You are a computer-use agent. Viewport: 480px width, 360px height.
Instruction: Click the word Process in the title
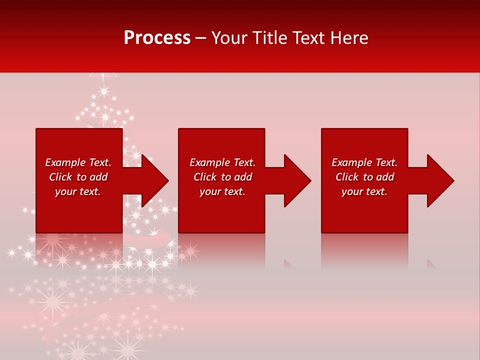coord(157,38)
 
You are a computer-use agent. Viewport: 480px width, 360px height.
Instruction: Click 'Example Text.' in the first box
coord(78,162)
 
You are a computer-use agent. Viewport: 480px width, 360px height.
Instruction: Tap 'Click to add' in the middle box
coord(222,177)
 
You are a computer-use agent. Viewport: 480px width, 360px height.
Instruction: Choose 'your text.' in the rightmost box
coord(364,191)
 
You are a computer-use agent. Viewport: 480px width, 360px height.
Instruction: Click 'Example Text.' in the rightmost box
coord(364,162)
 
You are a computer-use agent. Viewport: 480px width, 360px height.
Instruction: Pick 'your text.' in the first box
coord(78,191)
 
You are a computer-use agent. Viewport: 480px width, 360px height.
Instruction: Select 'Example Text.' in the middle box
coord(222,162)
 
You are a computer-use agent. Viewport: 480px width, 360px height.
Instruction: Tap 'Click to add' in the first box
coord(78,177)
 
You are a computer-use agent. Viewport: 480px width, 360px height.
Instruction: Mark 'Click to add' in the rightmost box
coord(364,177)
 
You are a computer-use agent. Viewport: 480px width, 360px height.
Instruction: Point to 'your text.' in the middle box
coord(222,191)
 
